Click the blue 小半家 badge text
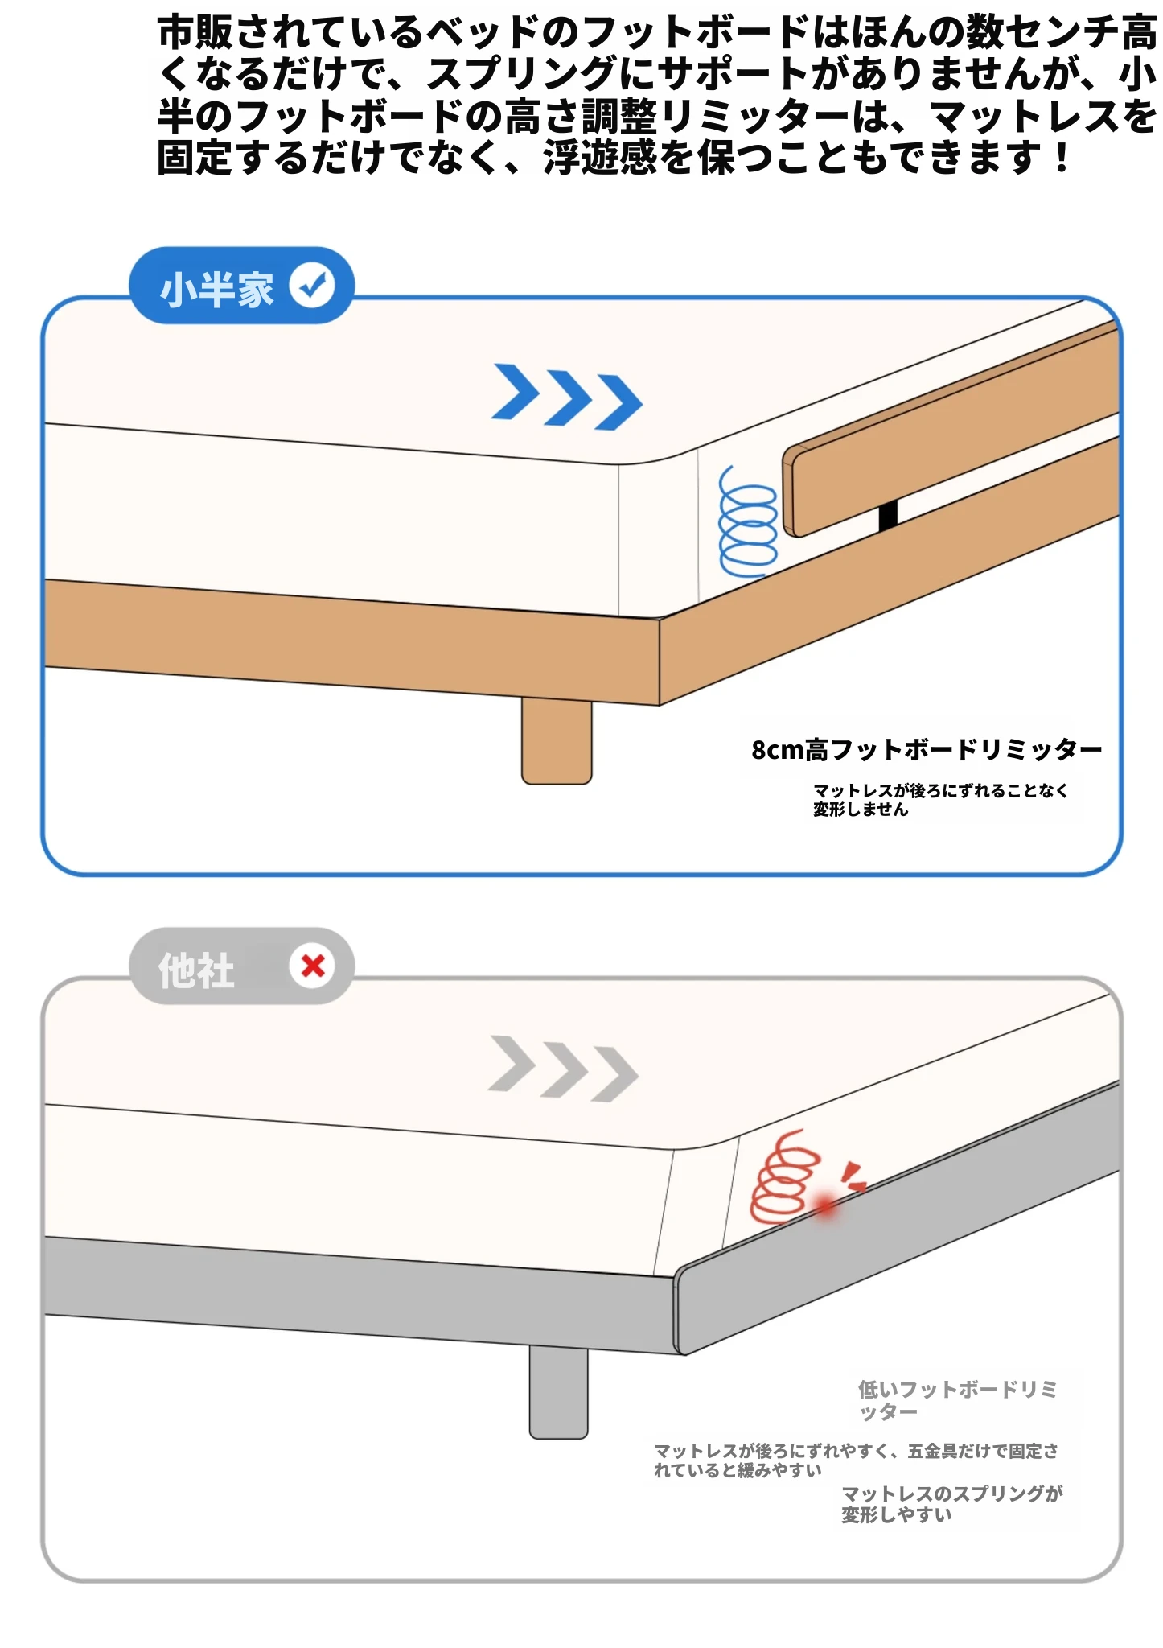tap(217, 288)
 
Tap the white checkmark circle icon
tap(312, 285)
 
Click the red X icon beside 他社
tap(313, 966)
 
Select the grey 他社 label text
tap(196, 970)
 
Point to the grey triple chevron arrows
tap(563, 1069)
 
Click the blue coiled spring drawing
tap(748, 521)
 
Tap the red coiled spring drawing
tap(784, 1176)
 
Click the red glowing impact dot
tap(826, 1205)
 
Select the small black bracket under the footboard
tap(888, 515)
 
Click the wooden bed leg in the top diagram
tap(557, 740)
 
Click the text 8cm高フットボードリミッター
tap(927, 750)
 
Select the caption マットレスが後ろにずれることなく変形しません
tap(940, 800)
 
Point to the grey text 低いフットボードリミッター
tap(957, 1400)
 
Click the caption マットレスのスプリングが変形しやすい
tap(952, 1504)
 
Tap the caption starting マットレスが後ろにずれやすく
tap(856, 1461)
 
